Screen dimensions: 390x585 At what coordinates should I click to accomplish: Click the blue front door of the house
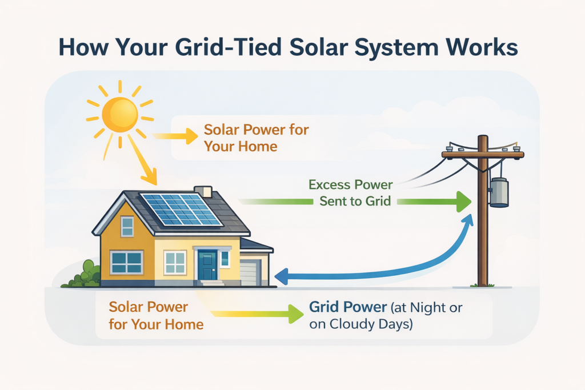click(207, 266)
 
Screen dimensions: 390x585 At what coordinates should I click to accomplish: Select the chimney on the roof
click(203, 192)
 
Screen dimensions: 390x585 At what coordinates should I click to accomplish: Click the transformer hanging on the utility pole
click(499, 192)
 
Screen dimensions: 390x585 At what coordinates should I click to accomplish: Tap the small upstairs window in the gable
click(127, 227)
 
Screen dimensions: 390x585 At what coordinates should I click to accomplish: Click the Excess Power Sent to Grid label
click(351, 193)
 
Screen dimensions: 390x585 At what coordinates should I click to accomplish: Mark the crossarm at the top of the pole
click(483, 154)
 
